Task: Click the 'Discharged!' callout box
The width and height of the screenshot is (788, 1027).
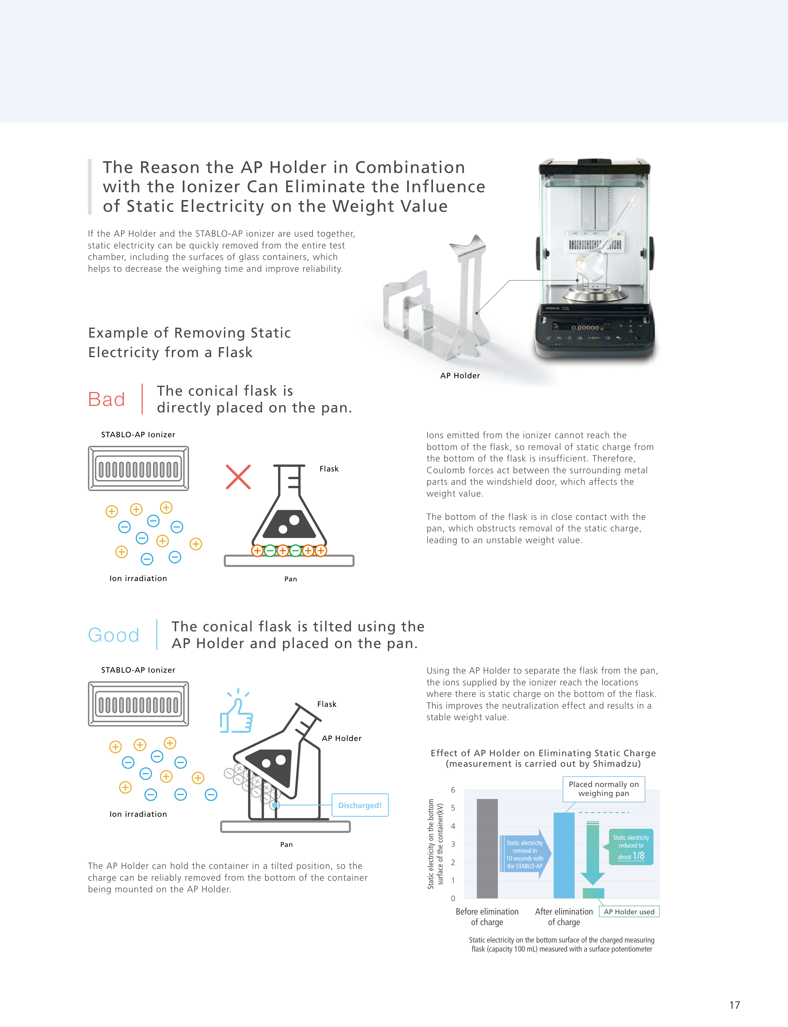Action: (x=360, y=805)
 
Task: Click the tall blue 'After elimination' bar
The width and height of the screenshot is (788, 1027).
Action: (x=564, y=855)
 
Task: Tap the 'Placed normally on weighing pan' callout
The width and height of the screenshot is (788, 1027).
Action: (x=603, y=788)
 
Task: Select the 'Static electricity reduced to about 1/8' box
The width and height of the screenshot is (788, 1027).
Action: (x=631, y=847)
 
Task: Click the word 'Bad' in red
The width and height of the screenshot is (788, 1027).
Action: (x=106, y=399)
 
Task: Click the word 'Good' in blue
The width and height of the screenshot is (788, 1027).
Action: (x=114, y=635)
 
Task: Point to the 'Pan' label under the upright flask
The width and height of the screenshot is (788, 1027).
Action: (x=290, y=579)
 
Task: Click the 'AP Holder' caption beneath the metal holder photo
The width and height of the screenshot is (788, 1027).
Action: (x=460, y=375)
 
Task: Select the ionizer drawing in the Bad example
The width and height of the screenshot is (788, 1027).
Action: (x=138, y=468)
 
